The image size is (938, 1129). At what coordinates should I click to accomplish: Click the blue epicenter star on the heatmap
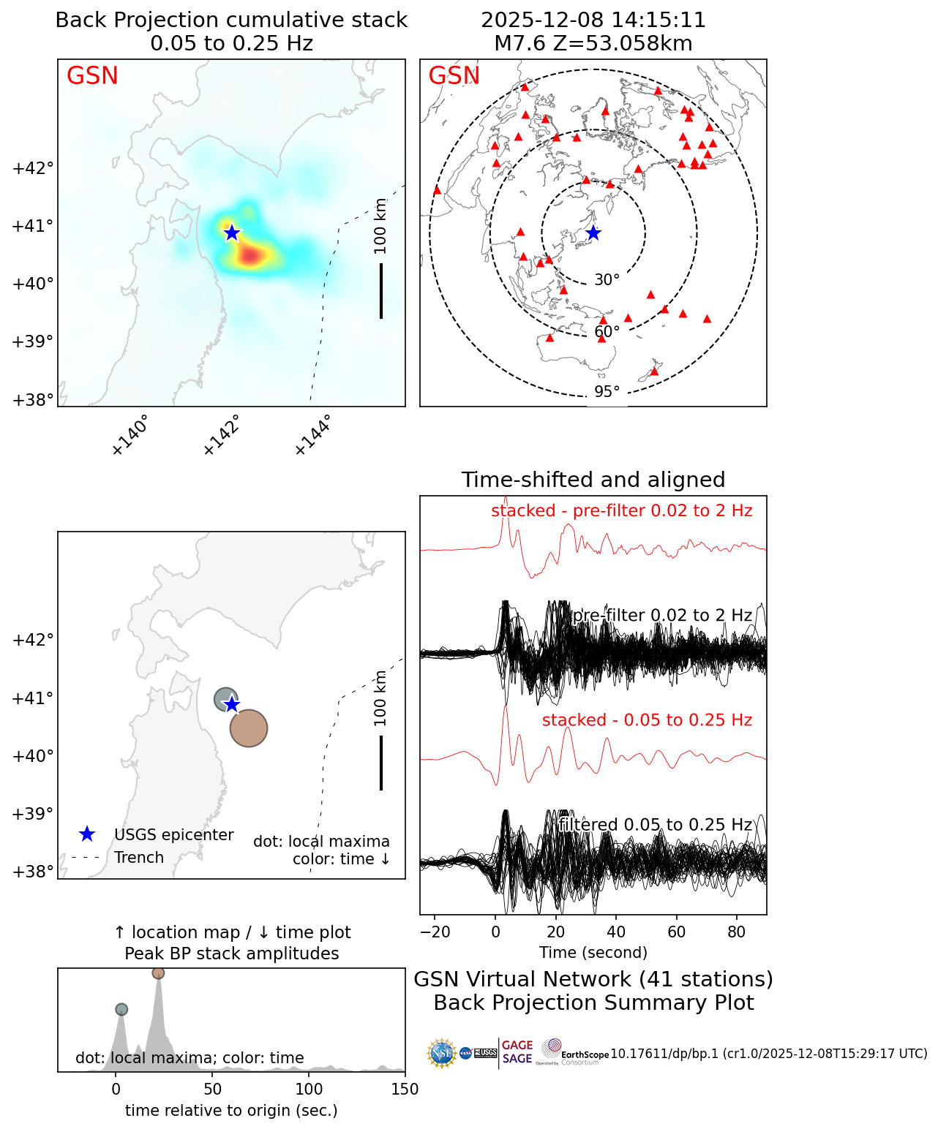(x=232, y=233)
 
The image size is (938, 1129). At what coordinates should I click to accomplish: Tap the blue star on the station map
(x=593, y=233)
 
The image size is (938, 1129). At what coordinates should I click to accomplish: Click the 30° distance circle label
(x=607, y=280)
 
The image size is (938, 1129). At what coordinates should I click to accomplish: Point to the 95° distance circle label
(x=607, y=392)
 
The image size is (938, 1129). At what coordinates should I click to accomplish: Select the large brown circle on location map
(x=249, y=728)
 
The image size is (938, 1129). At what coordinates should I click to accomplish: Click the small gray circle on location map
(x=225, y=699)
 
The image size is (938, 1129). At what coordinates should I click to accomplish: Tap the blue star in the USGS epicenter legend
(x=87, y=834)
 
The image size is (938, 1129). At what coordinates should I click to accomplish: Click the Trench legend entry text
(x=139, y=858)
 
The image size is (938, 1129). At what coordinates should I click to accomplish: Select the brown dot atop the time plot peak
(x=158, y=973)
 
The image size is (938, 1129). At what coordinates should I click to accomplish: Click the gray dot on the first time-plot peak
(x=121, y=1009)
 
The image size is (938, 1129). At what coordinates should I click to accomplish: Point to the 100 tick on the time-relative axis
(x=309, y=1090)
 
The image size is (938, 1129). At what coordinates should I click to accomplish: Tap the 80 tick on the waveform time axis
(x=737, y=932)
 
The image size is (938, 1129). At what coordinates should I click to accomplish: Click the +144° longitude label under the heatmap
(x=313, y=435)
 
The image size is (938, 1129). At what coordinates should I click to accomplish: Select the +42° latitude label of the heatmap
(x=34, y=168)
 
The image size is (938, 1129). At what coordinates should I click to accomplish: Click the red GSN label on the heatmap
(x=92, y=76)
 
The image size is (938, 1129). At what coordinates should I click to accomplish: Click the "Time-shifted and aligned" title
(x=593, y=480)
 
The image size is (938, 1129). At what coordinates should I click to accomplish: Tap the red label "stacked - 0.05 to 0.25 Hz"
(x=647, y=720)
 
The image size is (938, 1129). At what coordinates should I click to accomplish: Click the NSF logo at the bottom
(x=442, y=1053)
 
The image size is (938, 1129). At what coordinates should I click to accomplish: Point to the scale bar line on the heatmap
(x=381, y=290)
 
